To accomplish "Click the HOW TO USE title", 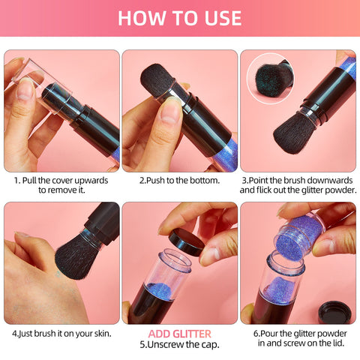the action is pos(180,18).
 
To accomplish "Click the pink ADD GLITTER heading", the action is pos(180,334).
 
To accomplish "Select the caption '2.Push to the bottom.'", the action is pos(179,180).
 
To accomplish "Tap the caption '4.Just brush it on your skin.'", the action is pos(61,334).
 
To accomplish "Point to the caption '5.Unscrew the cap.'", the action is pos(179,345).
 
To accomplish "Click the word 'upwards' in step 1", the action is pos(91,180).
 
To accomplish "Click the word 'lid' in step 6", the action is pos(338,343).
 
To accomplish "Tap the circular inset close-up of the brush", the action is pos(271,78).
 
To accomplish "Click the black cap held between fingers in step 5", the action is pos(187,241).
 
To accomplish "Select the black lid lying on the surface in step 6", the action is pos(334,312).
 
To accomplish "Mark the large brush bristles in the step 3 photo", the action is pos(295,133).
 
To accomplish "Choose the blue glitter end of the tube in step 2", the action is pos(226,155).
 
